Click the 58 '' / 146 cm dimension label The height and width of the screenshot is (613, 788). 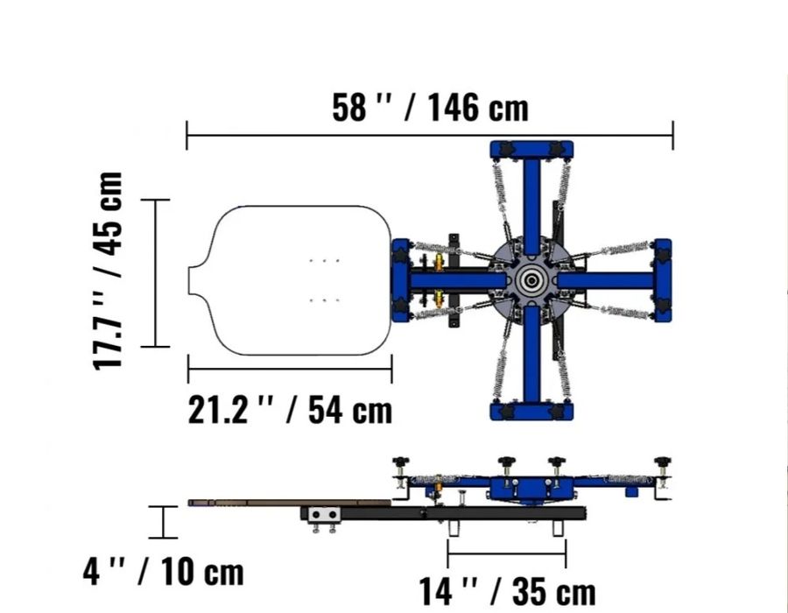point(430,107)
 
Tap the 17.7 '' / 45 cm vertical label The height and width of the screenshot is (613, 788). point(108,271)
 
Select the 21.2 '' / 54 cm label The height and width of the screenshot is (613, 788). point(290,410)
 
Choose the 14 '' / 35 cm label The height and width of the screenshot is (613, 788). point(508,591)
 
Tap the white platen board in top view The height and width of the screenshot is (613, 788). point(290,280)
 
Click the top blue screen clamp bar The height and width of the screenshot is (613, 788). point(531,149)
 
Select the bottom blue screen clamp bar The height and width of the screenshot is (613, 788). point(531,411)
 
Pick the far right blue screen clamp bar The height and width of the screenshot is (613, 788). point(663,280)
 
